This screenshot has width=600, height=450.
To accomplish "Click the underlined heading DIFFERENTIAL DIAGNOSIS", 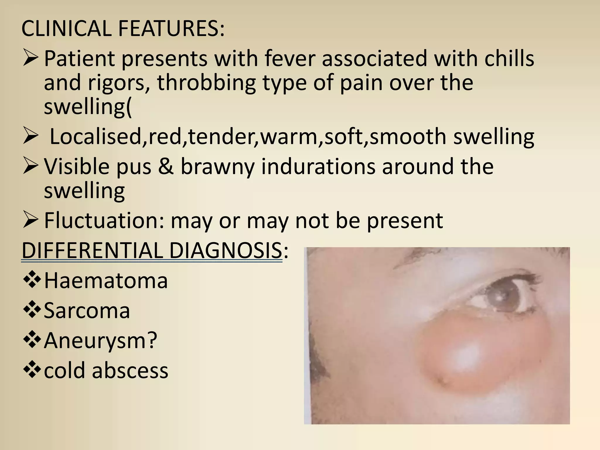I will (x=152, y=250).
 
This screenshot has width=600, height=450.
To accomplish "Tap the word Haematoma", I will (x=106, y=280).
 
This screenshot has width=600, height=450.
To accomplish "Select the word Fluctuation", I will (x=101, y=220).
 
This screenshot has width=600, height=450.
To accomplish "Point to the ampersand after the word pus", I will (x=166, y=166).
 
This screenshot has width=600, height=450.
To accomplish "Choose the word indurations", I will (x=318, y=166).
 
